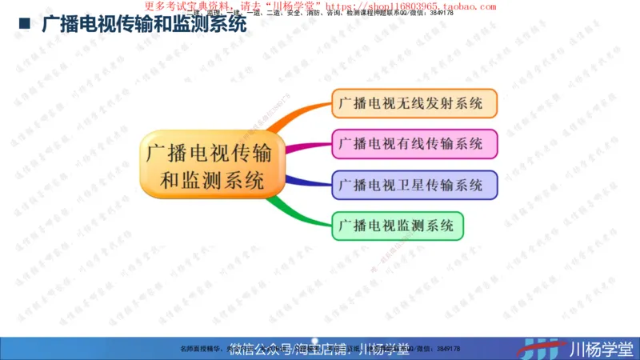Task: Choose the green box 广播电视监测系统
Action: coord(397,226)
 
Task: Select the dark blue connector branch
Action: coord(308,182)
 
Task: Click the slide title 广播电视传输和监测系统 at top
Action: coord(144,25)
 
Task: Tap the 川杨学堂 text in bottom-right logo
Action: coord(600,349)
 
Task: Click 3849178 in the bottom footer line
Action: coord(449,349)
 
